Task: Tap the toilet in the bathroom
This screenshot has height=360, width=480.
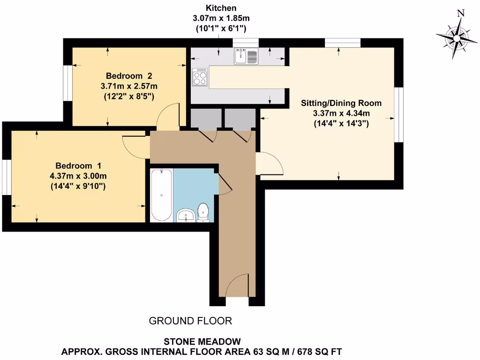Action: coord(203,212)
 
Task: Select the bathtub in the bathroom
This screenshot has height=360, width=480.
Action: coord(161,195)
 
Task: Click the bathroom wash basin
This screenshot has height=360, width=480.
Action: coord(186,216)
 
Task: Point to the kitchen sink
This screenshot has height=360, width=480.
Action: coord(246,57)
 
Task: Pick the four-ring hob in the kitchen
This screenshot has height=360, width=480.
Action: coord(200,77)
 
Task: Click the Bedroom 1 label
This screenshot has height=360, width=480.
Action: coord(78,166)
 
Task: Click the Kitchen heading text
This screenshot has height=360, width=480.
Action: coord(221,8)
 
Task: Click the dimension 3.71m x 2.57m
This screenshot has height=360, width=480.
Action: coord(129,86)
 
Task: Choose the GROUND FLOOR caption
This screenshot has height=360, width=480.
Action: coord(190,321)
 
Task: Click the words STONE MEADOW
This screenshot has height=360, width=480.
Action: coord(202,342)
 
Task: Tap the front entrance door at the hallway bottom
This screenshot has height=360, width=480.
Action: coord(237,286)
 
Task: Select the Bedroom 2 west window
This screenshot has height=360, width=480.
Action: coord(68,79)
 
